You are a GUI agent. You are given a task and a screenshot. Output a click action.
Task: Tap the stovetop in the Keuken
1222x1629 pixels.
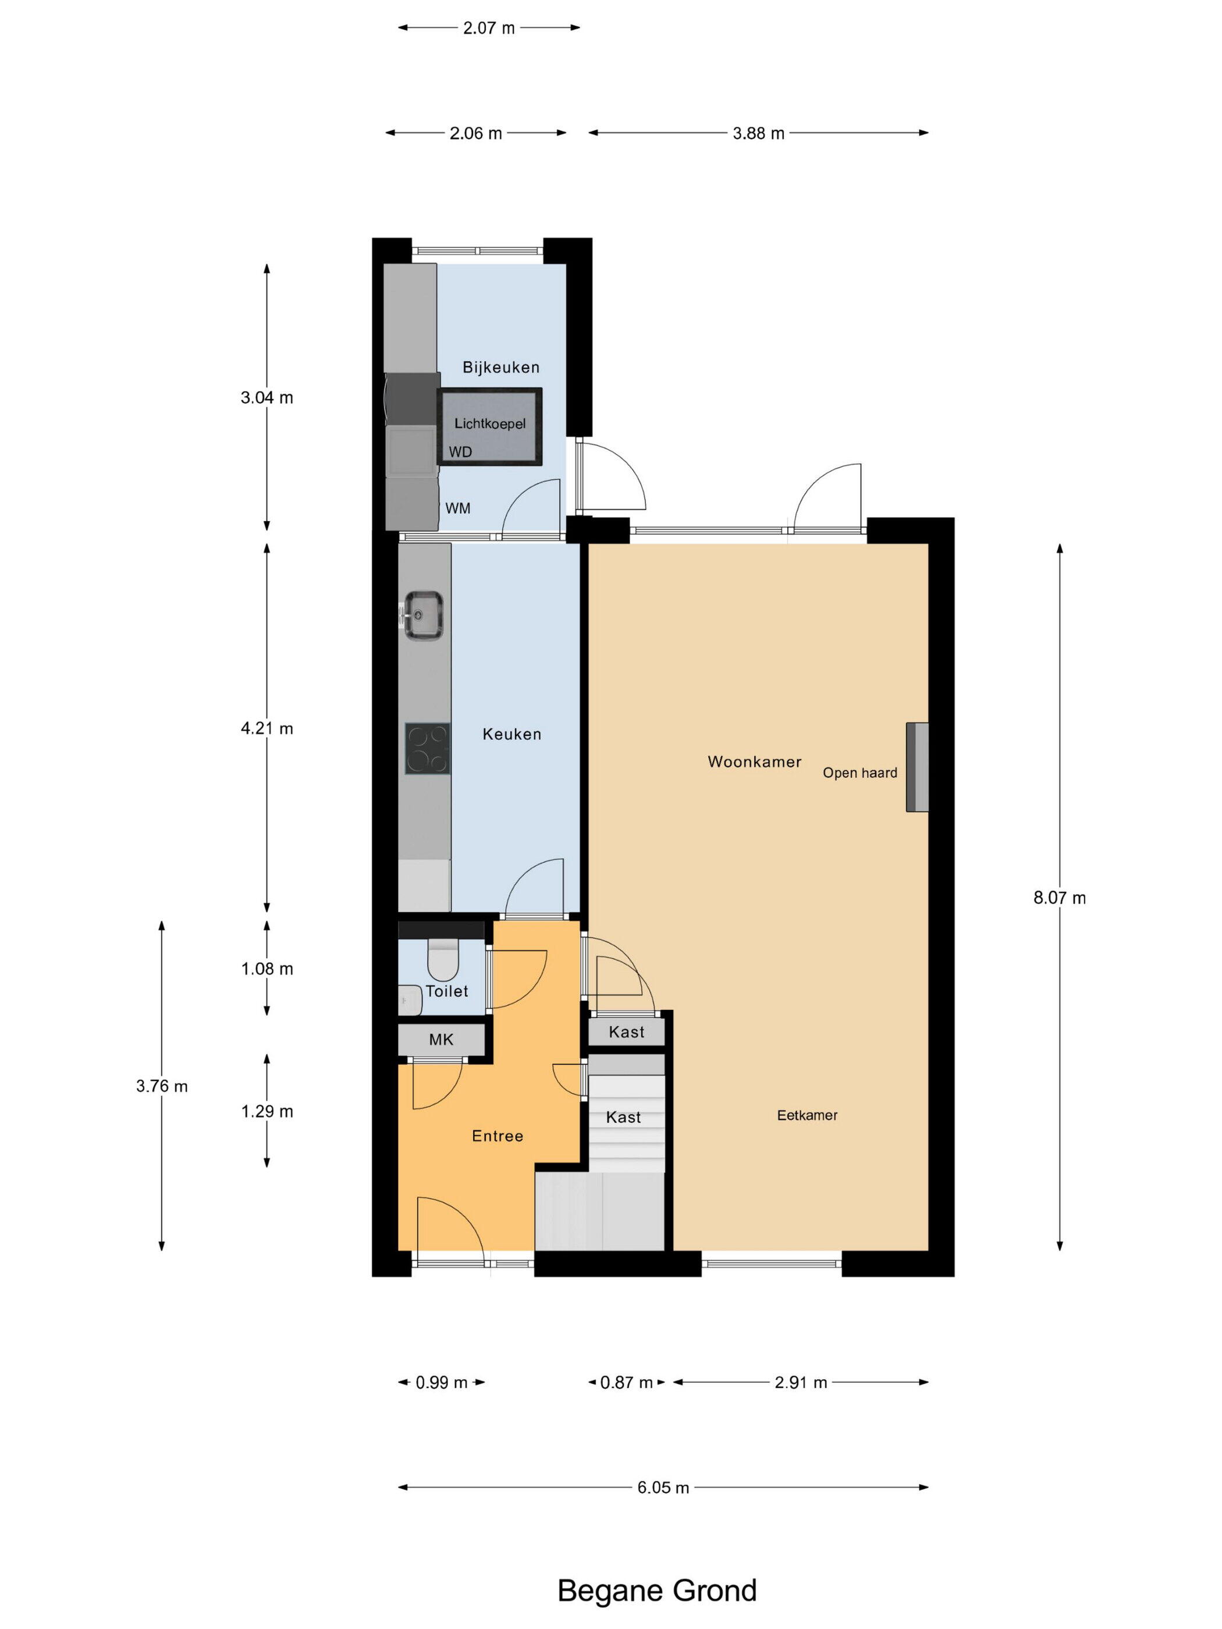coord(427,748)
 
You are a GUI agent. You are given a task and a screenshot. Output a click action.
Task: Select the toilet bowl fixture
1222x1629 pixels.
coord(442,959)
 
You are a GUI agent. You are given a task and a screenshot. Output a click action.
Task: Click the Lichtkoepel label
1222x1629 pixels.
coord(490,424)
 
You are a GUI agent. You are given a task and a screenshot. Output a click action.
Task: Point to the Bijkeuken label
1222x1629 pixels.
coord(501,367)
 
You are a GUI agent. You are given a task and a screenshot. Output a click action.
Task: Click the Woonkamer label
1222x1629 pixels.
coord(754,762)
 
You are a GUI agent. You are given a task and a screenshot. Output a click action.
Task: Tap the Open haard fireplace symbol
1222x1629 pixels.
coord(916,767)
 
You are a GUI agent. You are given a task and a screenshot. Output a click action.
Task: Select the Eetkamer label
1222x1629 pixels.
coord(807,1115)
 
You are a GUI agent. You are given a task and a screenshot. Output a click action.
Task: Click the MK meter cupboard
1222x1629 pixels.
coord(441,1039)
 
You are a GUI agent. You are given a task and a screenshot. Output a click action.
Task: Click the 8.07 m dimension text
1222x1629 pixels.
coord(1059,898)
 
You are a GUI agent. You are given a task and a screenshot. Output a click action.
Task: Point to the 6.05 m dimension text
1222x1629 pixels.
coord(663,1488)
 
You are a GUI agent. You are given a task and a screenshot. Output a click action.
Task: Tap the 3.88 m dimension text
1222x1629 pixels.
coord(758,133)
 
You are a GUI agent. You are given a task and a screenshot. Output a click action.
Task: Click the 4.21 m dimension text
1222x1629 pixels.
coord(267,728)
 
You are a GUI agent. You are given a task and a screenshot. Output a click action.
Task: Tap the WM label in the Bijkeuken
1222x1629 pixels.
coord(457,508)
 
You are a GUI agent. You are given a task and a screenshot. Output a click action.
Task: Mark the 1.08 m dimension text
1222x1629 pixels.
coord(267,969)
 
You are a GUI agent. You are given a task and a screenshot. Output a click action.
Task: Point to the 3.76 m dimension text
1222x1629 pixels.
coord(161,1086)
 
